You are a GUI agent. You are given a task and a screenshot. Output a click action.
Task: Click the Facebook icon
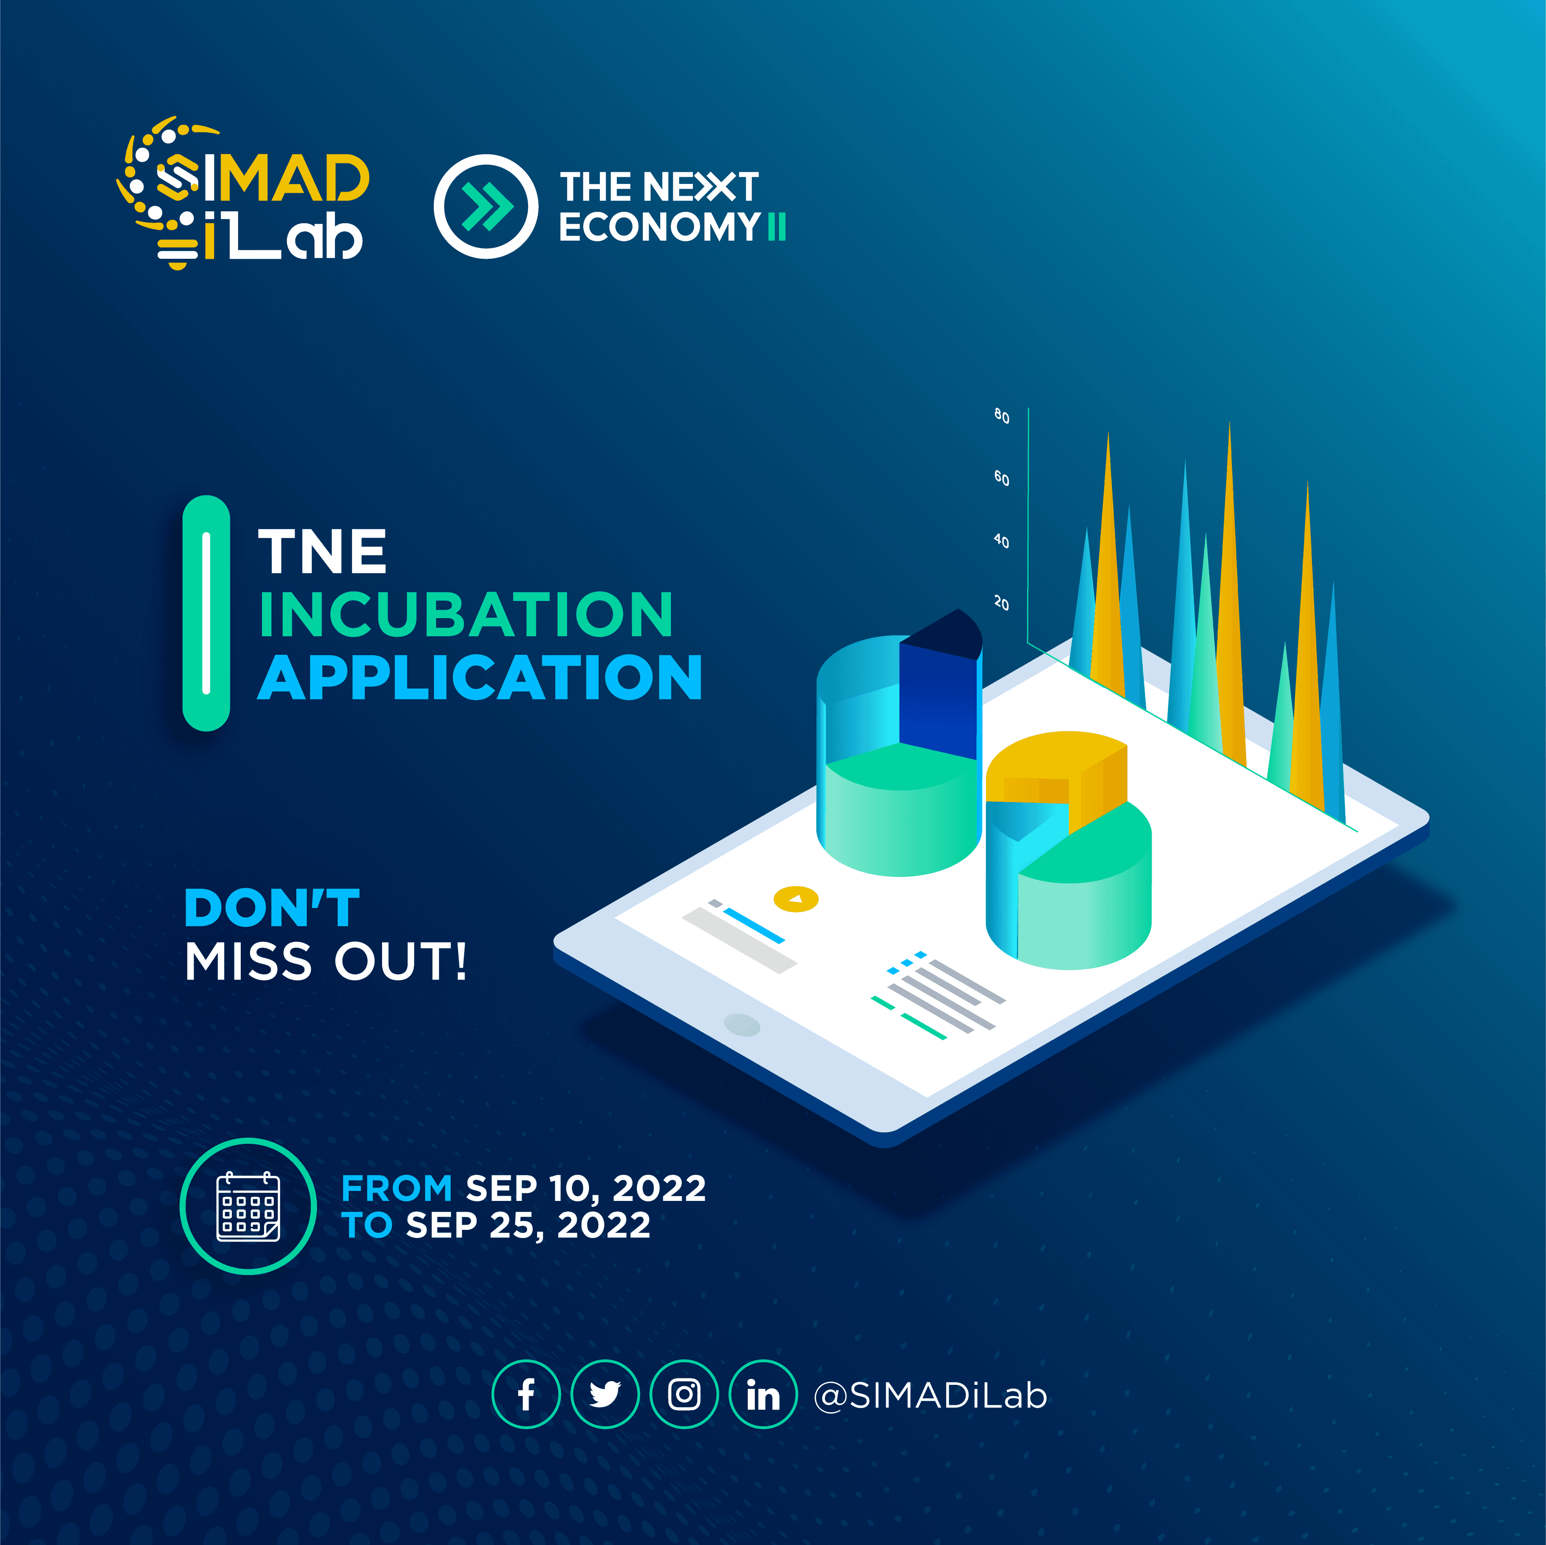click(x=526, y=1394)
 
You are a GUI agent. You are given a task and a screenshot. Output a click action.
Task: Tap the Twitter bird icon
click(x=605, y=1394)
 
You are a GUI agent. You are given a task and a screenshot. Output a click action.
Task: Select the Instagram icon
click(x=684, y=1394)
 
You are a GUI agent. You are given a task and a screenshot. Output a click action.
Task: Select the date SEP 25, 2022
click(x=528, y=1225)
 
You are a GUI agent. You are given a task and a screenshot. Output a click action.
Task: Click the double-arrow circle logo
click(x=486, y=206)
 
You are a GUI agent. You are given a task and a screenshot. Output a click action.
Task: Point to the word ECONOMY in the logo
click(x=658, y=227)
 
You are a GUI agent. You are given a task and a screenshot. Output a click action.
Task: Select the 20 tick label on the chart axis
click(x=1001, y=603)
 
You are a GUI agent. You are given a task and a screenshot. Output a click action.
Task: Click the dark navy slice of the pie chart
click(x=938, y=688)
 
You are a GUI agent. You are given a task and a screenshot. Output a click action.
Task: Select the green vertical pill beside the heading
click(x=207, y=613)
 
